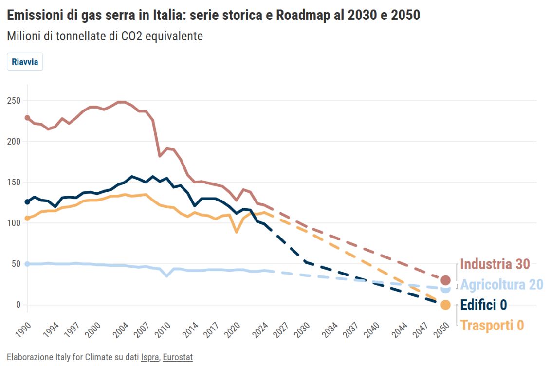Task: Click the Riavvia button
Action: (x=25, y=62)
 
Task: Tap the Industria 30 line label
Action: (x=495, y=264)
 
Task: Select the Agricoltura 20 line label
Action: (x=501, y=285)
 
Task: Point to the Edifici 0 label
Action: (x=483, y=305)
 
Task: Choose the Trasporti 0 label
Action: (x=492, y=325)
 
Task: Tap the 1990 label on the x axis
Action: (x=22, y=329)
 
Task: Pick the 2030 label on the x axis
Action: (x=301, y=329)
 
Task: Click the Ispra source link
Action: (x=149, y=358)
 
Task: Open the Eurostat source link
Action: (x=178, y=358)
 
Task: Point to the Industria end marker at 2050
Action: (x=445, y=280)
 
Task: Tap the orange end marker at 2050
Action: (x=445, y=305)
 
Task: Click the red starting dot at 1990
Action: (x=27, y=118)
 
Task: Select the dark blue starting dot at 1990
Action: (x=27, y=202)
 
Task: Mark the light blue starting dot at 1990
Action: (x=27, y=264)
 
